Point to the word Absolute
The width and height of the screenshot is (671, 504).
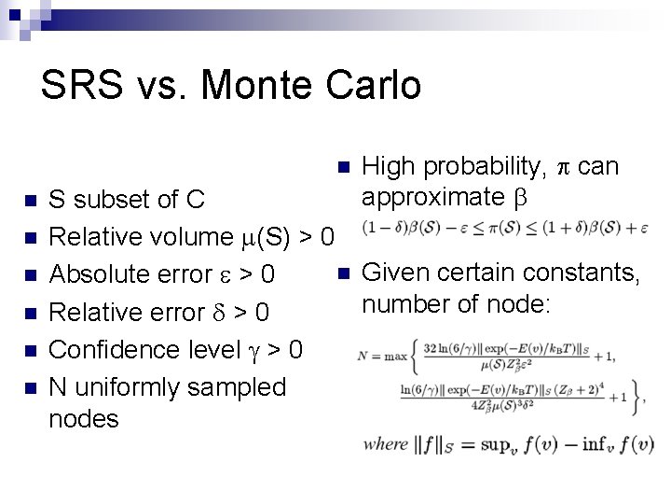(x=99, y=274)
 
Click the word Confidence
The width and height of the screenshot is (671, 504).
(x=114, y=349)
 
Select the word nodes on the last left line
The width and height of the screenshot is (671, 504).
(x=84, y=418)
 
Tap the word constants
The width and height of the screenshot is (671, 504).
(x=586, y=273)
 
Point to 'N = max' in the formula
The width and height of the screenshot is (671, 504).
(x=383, y=356)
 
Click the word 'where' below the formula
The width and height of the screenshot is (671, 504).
(x=386, y=444)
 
